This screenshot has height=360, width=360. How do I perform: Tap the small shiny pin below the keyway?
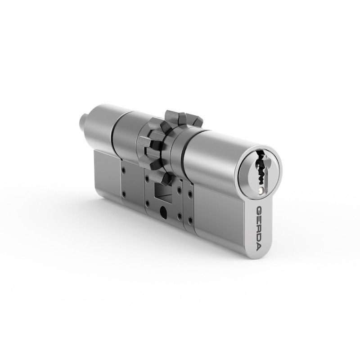pyautogui.click(x=261, y=190)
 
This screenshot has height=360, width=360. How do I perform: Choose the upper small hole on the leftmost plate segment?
pyautogui.click(x=124, y=170)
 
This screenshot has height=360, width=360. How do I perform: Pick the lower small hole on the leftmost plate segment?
pyautogui.click(x=124, y=195)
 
